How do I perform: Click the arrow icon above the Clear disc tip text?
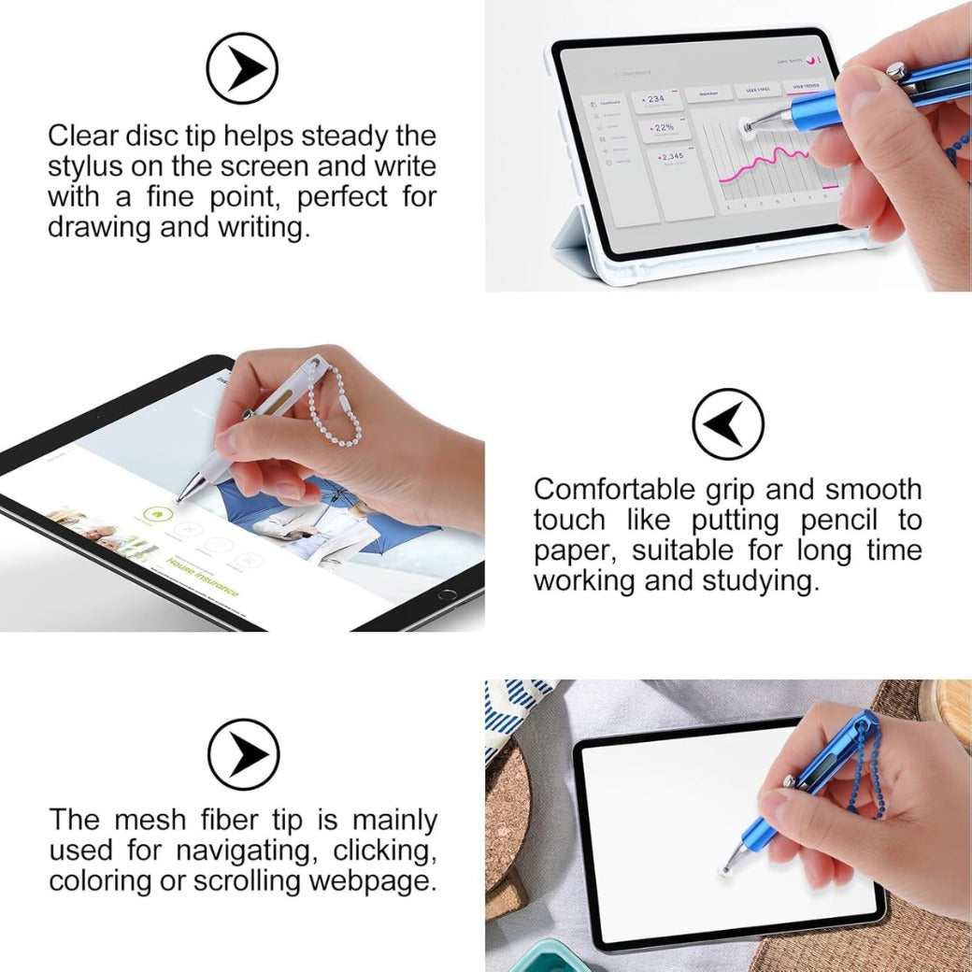(242, 67)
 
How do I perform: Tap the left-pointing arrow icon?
(727, 423)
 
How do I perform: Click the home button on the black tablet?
(448, 593)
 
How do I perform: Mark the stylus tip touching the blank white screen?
(726, 869)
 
